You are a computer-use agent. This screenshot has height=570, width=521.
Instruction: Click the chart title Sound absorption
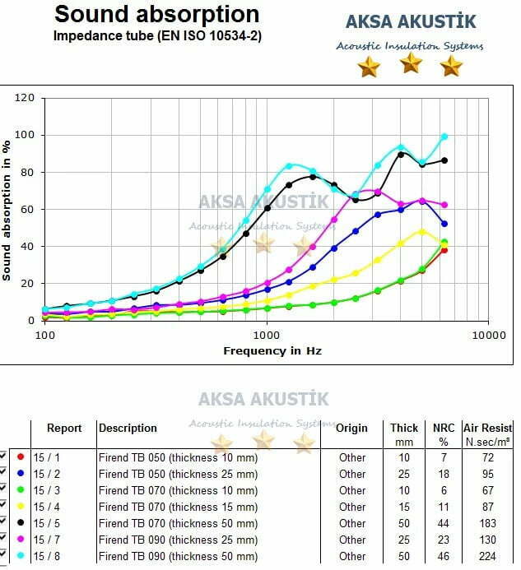click(x=156, y=14)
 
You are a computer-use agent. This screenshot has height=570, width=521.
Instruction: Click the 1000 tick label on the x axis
click(x=266, y=336)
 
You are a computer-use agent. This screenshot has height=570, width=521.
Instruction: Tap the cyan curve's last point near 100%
click(x=444, y=137)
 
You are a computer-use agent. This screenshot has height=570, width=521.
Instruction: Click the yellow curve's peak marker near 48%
click(x=422, y=232)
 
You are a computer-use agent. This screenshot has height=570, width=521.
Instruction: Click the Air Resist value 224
click(x=488, y=556)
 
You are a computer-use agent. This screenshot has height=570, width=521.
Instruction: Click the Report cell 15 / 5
click(x=47, y=523)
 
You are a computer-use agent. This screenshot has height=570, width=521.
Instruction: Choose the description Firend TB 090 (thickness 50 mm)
click(x=178, y=556)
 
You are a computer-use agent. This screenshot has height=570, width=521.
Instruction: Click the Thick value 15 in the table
click(x=402, y=507)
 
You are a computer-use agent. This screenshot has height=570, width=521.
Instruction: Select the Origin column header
click(x=351, y=428)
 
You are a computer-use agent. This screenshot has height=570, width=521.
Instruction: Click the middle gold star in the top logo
click(x=410, y=63)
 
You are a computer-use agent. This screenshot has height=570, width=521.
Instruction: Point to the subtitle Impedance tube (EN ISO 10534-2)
click(x=157, y=35)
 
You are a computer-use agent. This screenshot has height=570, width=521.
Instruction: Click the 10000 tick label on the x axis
click(x=487, y=336)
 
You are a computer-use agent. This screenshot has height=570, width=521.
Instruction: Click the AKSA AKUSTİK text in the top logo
click(x=411, y=23)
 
